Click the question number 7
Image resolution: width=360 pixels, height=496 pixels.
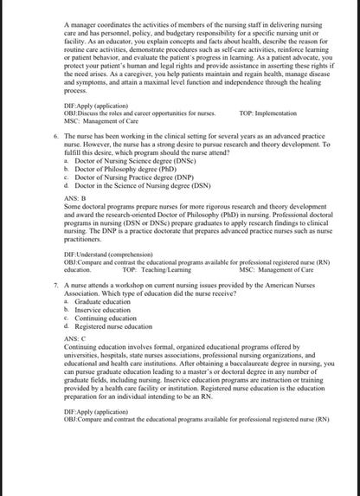coord(55,284)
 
